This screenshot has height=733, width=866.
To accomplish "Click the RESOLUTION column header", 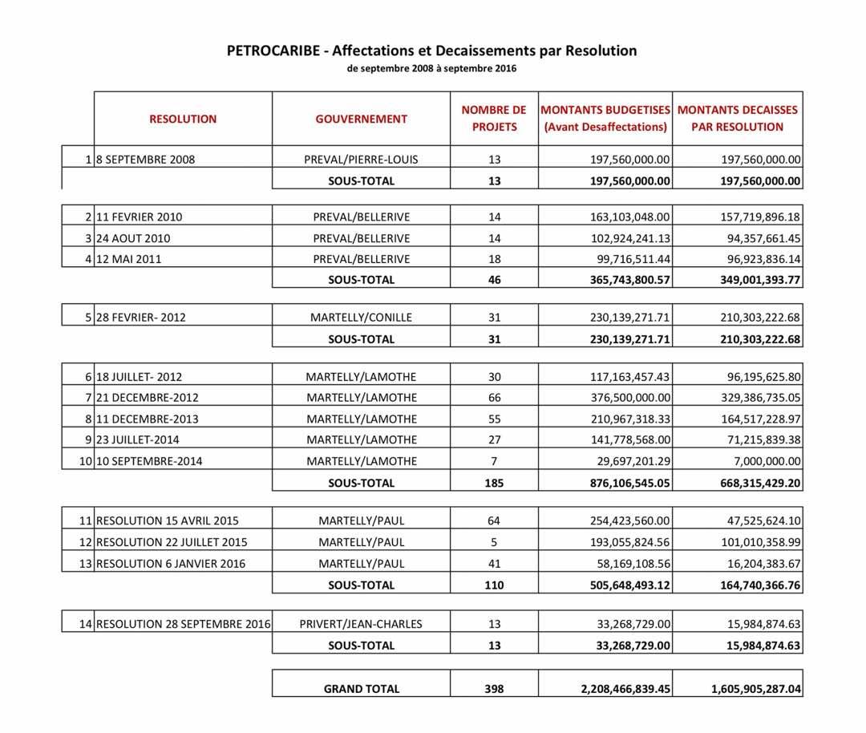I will coord(183,119).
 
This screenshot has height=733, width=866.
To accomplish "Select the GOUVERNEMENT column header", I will coord(361,119).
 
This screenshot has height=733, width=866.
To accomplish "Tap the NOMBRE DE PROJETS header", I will coord(494,119).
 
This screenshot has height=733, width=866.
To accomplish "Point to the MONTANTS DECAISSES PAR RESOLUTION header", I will coord(738,119).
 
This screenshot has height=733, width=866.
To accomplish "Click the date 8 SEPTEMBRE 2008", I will coord(145,160).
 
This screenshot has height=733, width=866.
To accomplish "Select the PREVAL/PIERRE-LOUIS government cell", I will coord(361,160).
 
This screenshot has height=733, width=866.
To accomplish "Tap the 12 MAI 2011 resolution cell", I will coord(128,259).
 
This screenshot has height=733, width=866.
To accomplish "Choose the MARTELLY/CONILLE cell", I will coord(361,318).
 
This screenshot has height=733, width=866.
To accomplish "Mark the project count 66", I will coord(494,398).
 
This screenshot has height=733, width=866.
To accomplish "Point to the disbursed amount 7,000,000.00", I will coord(762,461).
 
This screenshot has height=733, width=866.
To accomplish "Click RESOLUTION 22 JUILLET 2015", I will coord(172,542).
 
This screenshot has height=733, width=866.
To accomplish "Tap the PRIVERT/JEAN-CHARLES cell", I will coord(361,624).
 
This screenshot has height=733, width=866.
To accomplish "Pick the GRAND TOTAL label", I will coord(361,688).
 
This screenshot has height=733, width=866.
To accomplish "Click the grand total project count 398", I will coord(494,688).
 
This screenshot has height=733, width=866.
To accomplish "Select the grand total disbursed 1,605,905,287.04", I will coord(755,688).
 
